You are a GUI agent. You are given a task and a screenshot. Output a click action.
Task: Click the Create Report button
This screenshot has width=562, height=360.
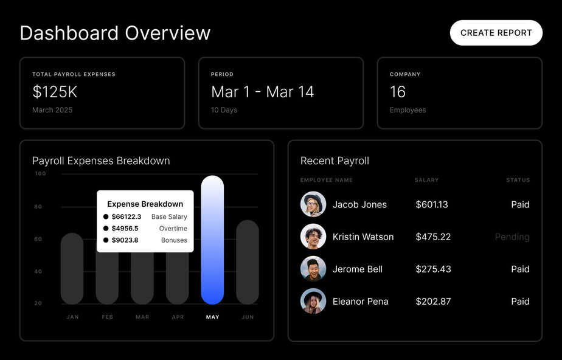496,33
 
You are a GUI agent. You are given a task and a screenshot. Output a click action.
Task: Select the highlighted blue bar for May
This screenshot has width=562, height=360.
212,240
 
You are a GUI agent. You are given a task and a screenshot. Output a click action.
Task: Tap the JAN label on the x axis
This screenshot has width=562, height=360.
72,317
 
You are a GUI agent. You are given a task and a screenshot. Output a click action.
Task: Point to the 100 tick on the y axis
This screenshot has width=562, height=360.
40,174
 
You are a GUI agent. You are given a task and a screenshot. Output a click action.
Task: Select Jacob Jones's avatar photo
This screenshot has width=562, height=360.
313,204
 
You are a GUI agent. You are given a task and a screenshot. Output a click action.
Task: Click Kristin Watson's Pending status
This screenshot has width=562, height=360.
512,237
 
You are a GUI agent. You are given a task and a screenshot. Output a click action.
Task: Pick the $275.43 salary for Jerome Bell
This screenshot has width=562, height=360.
433,269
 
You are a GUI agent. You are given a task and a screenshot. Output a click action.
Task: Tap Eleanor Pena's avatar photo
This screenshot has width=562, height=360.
313,301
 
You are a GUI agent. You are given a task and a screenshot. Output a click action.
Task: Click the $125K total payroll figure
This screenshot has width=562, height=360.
55,92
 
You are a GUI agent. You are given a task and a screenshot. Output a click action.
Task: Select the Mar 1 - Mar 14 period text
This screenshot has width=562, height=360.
262,92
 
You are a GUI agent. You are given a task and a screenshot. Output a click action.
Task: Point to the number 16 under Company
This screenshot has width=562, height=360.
398,92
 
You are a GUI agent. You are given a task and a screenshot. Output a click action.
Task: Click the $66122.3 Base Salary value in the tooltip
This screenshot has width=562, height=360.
127,217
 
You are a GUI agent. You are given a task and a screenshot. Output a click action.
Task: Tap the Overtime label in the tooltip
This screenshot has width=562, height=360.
173,229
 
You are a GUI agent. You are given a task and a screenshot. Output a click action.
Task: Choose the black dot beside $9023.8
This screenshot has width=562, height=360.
106,240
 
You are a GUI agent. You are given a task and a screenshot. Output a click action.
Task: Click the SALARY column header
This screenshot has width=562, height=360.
427,180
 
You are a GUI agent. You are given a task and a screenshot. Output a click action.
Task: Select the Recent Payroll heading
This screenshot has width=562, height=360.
335,161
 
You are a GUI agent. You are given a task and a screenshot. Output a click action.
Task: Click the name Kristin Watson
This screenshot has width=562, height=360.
363,237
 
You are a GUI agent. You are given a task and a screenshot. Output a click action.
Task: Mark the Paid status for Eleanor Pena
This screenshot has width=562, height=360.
520,302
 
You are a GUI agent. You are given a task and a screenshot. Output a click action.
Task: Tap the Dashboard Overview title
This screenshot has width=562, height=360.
115,33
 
